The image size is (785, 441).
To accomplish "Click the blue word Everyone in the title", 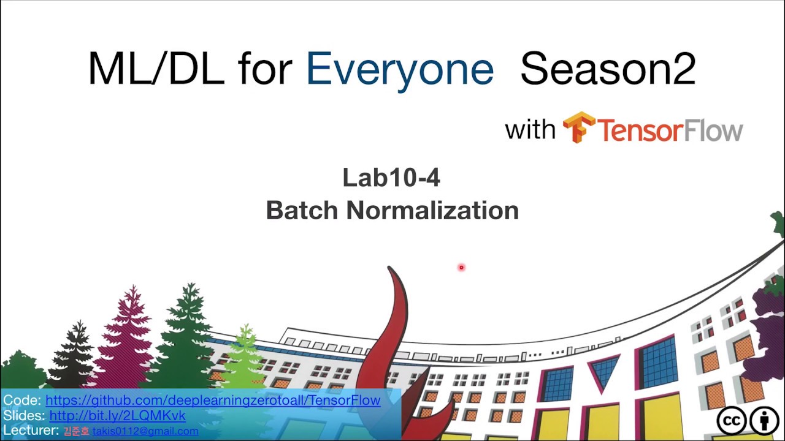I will click(399, 69).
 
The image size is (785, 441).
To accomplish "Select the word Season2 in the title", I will click(608, 69).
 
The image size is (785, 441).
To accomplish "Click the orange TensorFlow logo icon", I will click(579, 127).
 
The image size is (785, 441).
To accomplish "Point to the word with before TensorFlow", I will click(530, 129).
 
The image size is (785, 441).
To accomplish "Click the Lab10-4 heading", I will click(391, 178).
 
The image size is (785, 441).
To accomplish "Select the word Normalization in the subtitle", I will click(432, 211).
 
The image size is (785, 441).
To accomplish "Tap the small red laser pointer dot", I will click(461, 267).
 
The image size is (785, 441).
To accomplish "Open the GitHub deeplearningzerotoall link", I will click(213, 401).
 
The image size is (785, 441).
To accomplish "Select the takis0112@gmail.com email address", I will click(145, 431).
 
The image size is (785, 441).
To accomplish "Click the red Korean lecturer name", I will click(76, 431).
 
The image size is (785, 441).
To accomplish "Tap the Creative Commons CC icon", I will click(732, 421).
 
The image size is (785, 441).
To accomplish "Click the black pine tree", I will click(74, 355).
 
